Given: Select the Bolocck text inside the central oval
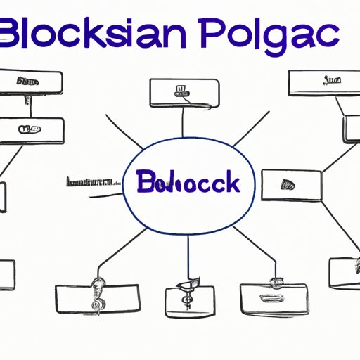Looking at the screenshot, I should [186, 182].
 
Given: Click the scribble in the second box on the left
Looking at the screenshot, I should [28, 129].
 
